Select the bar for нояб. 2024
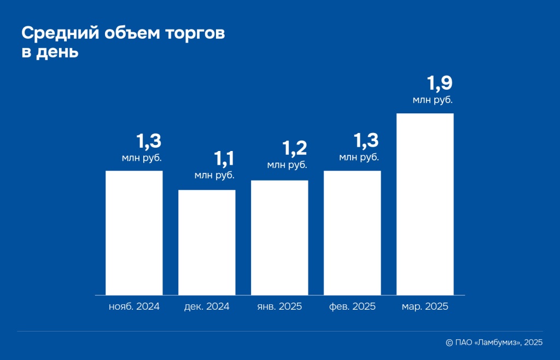(x=134, y=233)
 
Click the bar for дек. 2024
(x=207, y=242)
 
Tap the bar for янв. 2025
(x=279, y=237)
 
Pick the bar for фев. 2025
(x=352, y=233)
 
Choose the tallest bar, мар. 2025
(x=425, y=204)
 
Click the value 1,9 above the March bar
(x=440, y=84)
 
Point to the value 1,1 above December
(x=224, y=159)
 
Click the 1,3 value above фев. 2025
(x=366, y=141)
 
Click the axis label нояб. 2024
(x=134, y=307)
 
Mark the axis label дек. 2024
(x=207, y=307)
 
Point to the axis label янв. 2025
(x=279, y=307)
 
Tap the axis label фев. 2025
(x=352, y=307)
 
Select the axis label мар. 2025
(x=425, y=307)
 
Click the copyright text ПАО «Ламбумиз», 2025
(x=498, y=342)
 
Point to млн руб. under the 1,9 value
(x=433, y=100)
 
